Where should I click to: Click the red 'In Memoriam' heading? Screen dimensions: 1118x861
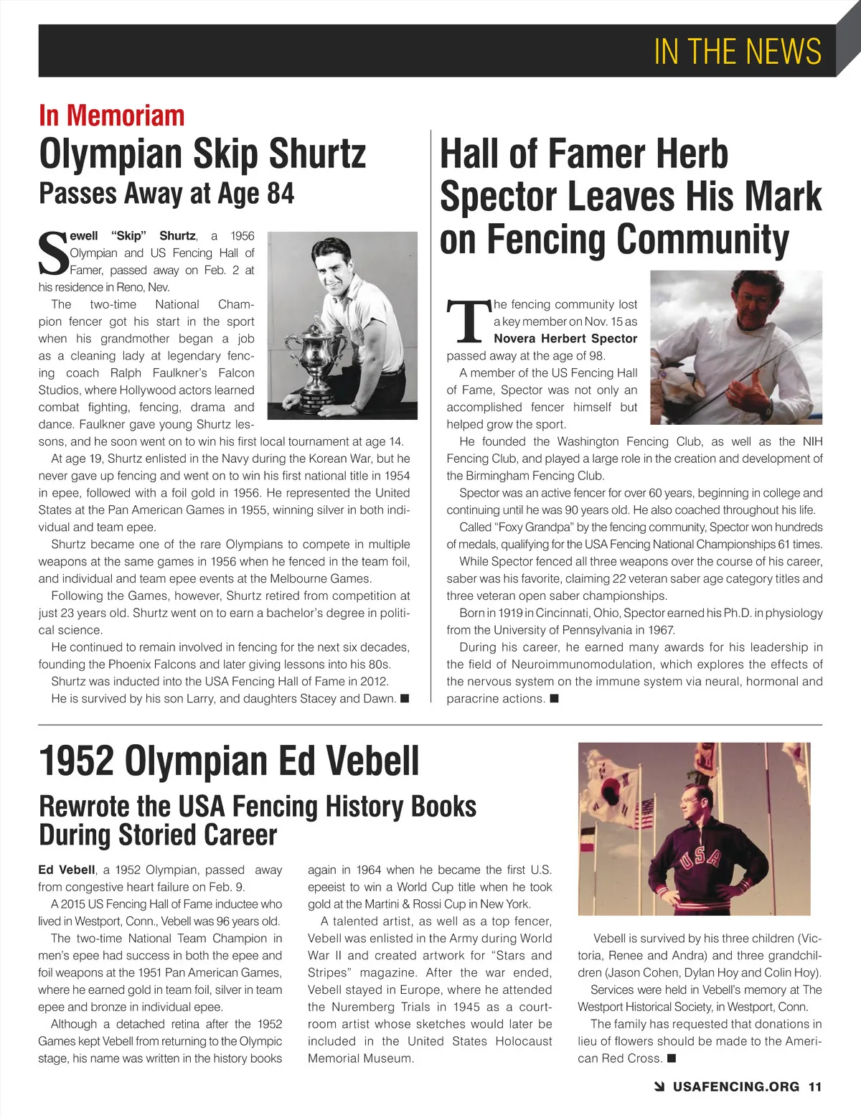click(112, 116)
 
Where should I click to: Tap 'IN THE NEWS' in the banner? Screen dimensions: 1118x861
click(738, 51)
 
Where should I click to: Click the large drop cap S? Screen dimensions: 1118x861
click(52, 253)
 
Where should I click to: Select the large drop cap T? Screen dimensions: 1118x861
click(468, 321)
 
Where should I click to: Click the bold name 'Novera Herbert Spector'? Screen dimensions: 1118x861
click(565, 339)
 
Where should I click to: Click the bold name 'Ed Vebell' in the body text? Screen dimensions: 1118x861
click(67, 870)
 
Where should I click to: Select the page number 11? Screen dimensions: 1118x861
click(814, 1086)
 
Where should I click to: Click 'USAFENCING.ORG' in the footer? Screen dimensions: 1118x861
click(736, 1086)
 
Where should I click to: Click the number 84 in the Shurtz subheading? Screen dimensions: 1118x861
click(281, 194)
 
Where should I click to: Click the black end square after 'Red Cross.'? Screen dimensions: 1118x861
click(672, 1058)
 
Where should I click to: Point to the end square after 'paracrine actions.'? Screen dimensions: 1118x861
click(554, 698)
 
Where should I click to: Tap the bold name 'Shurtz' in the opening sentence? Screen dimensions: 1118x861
click(177, 235)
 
